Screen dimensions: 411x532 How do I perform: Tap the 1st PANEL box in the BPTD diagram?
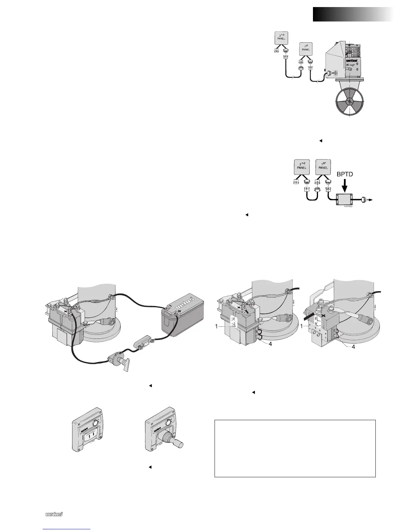pyautogui.click(x=323, y=166)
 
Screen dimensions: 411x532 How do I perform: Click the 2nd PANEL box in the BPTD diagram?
pyautogui.click(x=302, y=167)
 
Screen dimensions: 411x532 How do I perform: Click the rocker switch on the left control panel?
pyautogui.click(x=94, y=437)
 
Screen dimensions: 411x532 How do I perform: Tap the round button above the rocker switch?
pyautogui.click(x=98, y=422)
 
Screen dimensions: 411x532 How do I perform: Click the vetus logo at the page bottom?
pyautogui.click(x=55, y=514)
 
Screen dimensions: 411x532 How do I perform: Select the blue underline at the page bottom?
pyautogui.click(x=67, y=529)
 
